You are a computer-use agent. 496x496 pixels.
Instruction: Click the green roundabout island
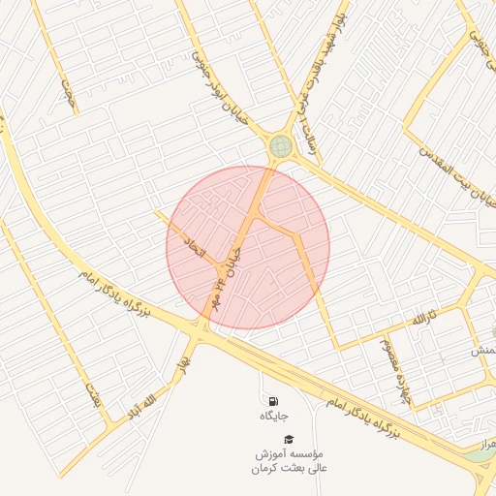(x=281, y=146)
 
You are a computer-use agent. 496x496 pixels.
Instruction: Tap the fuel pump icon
(x=273, y=401)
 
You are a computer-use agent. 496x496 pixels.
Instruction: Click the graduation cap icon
(x=288, y=439)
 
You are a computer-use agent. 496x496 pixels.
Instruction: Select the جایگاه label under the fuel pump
(x=275, y=417)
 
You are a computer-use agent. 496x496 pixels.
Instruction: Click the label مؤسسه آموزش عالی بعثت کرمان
(x=292, y=461)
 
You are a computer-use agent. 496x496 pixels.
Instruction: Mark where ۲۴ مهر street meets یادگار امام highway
(x=201, y=330)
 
